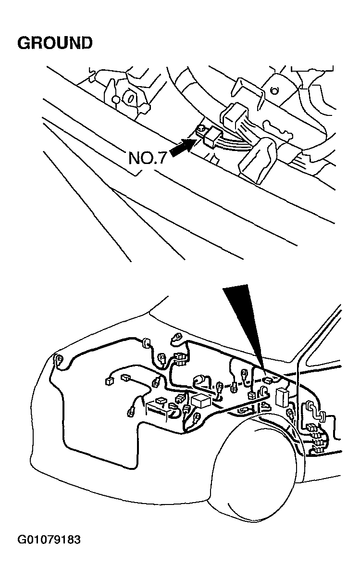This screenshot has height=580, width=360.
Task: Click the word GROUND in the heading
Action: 55,43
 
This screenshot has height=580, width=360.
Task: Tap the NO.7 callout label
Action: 147,158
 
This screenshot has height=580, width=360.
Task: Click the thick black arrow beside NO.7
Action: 183,147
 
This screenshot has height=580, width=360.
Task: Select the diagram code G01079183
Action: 49,540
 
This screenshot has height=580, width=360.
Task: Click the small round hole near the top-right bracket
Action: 274,90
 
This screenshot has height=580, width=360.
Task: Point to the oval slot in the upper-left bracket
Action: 131,99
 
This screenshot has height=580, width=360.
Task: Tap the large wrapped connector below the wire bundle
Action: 258,159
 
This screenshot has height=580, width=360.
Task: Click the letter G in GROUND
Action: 24,43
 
